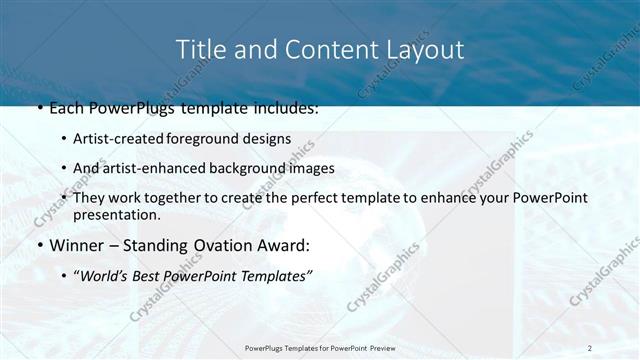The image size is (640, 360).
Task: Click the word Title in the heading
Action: [x=198, y=49]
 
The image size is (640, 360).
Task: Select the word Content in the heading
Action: [x=319, y=49]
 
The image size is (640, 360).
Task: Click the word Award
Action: [x=284, y=245]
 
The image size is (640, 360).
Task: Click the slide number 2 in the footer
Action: [x=590, y=348]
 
